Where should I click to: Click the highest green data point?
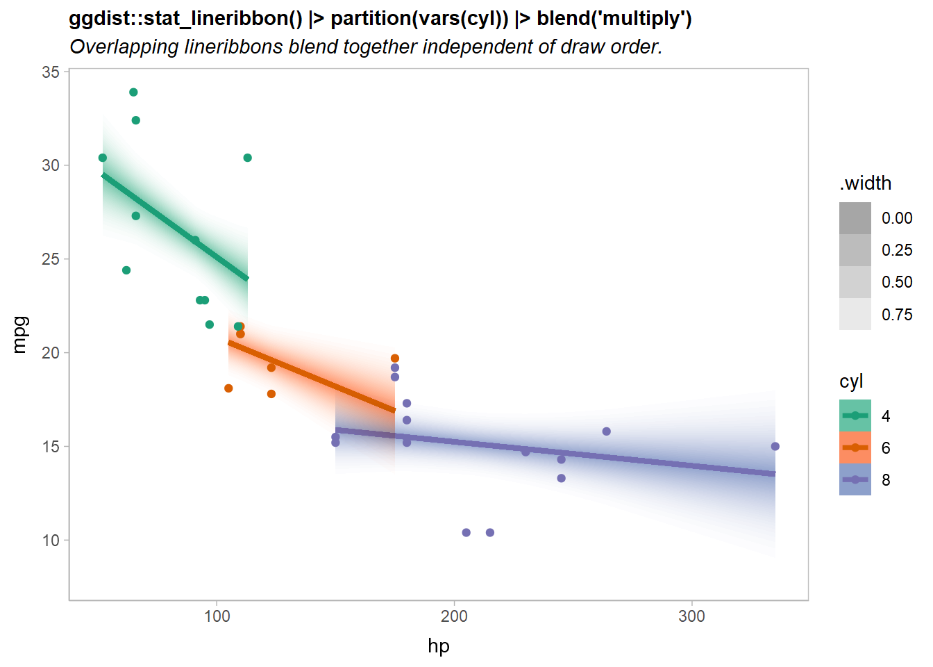[x=133, y=92]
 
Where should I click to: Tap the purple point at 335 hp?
[x=775, y=447]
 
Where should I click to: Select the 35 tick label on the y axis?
[x=51, y=72]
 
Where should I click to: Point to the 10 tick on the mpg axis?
[x=51, y=541]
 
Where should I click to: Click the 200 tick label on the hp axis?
[x=454, y=616]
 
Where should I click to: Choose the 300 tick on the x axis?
[x=691, y=616]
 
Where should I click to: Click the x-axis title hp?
[x=439, y=646]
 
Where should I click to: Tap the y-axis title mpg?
[x=20, y=334]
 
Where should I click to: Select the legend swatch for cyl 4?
[x=855, y=415]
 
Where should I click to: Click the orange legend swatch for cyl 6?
[x=855, y=448]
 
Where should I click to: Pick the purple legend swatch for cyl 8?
[x=855, y=480]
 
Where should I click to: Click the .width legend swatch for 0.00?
[x=855, y=218]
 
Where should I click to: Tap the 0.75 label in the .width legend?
[x=897, y=315]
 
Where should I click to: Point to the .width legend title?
[x=865, y=183]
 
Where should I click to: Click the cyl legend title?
[x=851, y=381]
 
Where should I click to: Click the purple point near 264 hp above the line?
[x=606, y=431]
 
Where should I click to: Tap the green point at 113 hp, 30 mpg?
[x=247, y=158]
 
